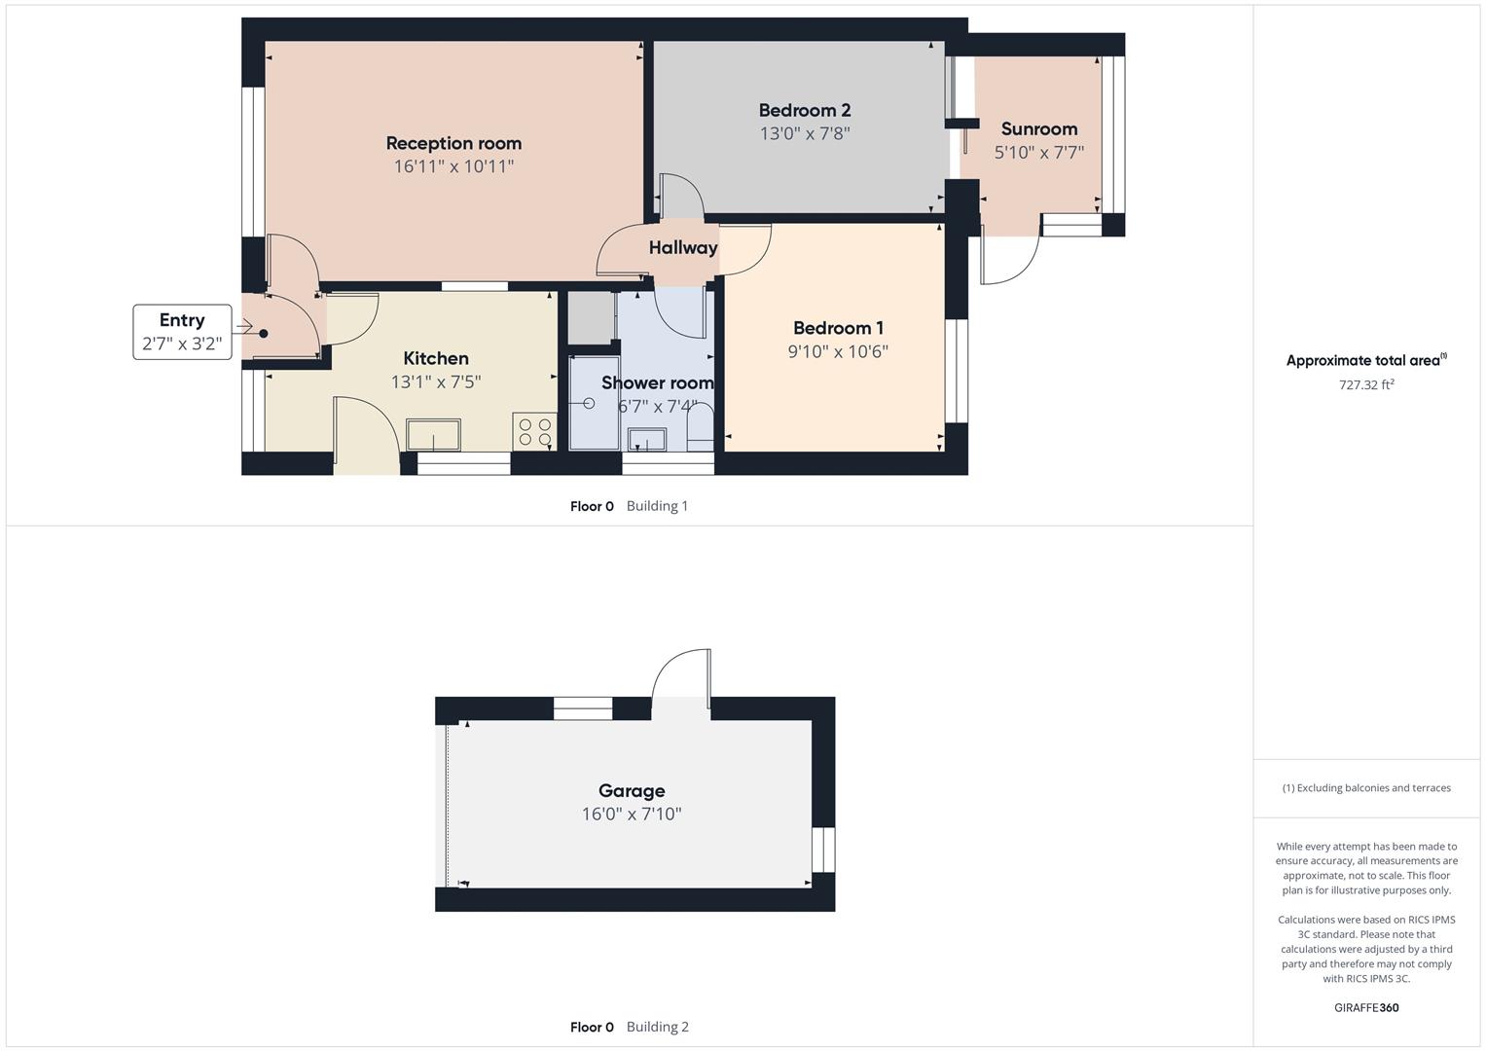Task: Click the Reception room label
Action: pos(453,143)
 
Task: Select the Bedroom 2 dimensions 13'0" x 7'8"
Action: pos(805,134)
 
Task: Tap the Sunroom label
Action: pos(1038,128)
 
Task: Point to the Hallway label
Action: pos(683,248)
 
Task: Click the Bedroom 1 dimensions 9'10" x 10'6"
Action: pos(838,351)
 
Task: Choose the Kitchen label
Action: pos(436,358)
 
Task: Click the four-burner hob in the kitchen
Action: pos(533,431)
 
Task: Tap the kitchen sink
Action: pos(434,435)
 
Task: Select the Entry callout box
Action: pos(182,332)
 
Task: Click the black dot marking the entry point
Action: pos(263,334)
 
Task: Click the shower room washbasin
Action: pos(647,440)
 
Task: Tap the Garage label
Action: pos(632,791)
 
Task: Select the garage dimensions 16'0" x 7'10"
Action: pos(632,815)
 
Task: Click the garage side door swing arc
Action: pos(681,673)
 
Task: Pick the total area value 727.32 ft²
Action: pos(1366,384)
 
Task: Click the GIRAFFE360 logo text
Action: pos(1366,1007)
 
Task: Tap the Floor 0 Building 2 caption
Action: pos(630,1027)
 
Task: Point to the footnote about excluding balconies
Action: pos(1366,788)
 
